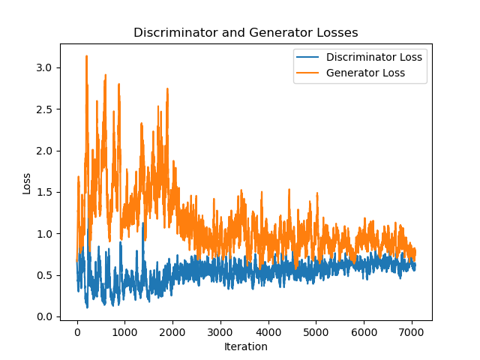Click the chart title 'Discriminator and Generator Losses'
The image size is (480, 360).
[245, 33]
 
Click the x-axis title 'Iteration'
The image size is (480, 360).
[245, 346]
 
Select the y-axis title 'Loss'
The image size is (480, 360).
[27, 183]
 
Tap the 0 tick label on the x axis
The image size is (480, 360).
[77, 332]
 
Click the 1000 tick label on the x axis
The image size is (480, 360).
[124, 332]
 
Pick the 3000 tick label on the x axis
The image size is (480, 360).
[220, 332]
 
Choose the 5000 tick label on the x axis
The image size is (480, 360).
[316, 332]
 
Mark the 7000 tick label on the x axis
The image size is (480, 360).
[411, 332]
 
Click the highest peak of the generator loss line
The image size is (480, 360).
[86, 56]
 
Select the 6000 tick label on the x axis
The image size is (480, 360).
[364, 332]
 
